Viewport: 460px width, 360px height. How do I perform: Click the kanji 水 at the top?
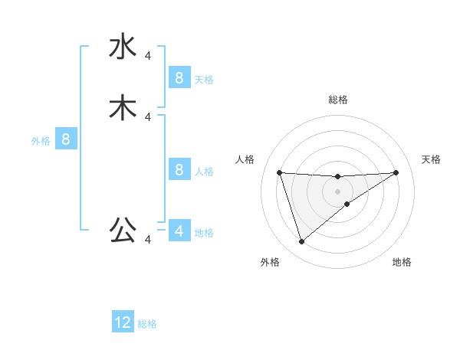pyautogui.click(x=123, y=47)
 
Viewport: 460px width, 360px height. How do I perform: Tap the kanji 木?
pyautogui.click(x=123, y=108)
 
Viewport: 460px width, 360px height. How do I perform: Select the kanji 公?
pyautogui.click(x=123, y=230)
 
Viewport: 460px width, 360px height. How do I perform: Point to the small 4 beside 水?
pyautogui.click(x=148, y=55)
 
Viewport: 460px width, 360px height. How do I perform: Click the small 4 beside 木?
pyautogui.click(x=148, y=116)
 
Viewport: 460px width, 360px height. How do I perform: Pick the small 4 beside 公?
pyautogui.click(x=148, y=240)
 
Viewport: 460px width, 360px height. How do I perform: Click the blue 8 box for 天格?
pyautogui.click(x=179, y=77)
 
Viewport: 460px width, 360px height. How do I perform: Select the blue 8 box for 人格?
pyautogui.click(x=179, y=169)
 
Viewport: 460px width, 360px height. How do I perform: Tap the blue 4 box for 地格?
pyautogui.click(x=179, y=231)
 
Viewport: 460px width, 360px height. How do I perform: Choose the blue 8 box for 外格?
pyautogui.click(x=66, y=139)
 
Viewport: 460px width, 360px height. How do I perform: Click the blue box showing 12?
pyautogui.click(x=123, y=322)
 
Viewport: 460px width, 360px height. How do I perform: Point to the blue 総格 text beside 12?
pyautogui.click(x=147, y=324)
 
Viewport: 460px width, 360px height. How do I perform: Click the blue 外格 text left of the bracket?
pyautogui.click(x=41, y=141)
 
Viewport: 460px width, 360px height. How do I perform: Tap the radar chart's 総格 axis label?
pyautogui.click(x=338, y=100)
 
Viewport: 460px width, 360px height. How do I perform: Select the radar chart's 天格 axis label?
pyautogui.click(x=432, y=159)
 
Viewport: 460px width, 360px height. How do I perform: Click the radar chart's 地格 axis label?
pyautogui.click(x=402, y=263)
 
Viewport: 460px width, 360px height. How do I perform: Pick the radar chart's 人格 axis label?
pyautogui.click(x=245, y=159)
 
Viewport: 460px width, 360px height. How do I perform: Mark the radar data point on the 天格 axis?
pyautogui.click(x=396, y=172)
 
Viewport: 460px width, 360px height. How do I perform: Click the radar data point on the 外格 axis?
pyautogui.click(x=301, y=242)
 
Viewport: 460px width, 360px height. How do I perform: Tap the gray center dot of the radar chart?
pyautogui.click(x=338, y=191)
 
